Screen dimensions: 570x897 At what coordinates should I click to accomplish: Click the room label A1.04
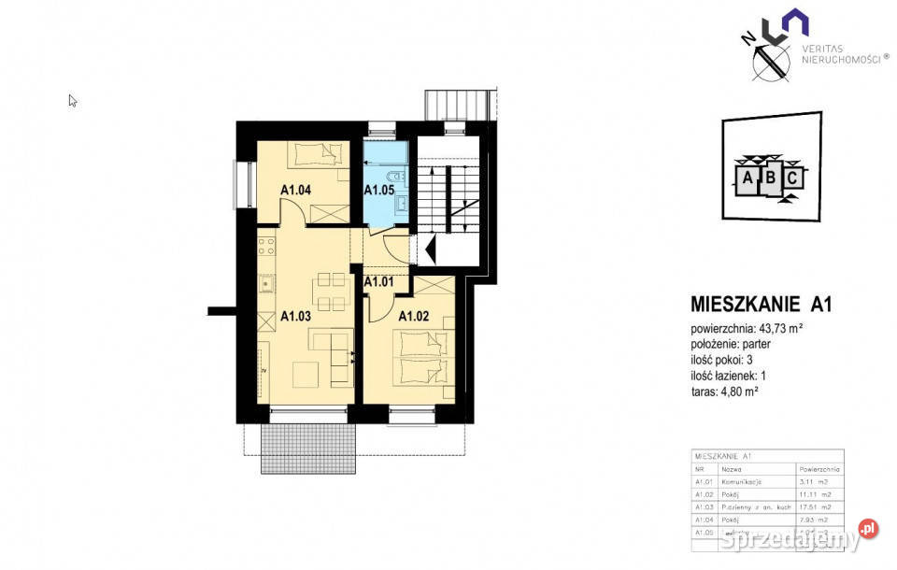(296, 191)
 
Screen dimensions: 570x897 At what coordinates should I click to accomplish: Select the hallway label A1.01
(377, 281)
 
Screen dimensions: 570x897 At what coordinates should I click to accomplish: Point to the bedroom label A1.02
(414, 316)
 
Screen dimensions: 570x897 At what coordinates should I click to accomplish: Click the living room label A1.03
(296, 316)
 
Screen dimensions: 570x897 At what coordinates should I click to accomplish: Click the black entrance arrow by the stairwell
(430, 248)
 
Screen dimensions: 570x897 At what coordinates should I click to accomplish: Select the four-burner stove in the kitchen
(267, 249)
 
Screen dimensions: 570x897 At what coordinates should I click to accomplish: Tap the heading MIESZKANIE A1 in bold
(761, 304)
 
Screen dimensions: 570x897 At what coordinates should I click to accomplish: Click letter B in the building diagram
(771, 178)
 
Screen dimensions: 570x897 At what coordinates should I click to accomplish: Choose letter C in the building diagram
(791, 177)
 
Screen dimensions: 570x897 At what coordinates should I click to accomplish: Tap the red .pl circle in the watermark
(868, 529)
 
